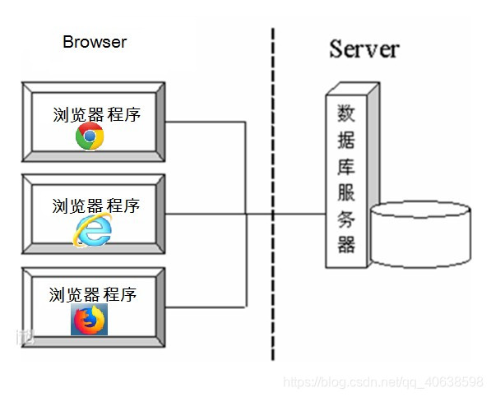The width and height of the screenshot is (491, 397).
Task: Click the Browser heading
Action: pyautogui.click(x=95, y=41)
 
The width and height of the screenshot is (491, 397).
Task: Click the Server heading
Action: pyautogui.click(x=364, y=48)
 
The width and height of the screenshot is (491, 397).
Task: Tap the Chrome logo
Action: pyautogui.click(x=90, y=136)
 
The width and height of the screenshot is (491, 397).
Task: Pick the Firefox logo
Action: pyautogui.click(x=89, y=320)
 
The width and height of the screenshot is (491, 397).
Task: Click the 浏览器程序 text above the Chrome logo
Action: pyautogui.click(x=96, y=113)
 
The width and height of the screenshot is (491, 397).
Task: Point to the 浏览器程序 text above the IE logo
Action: pyautogui.click(x=96, y=205)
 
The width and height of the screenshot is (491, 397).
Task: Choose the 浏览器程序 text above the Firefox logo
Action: pyautogui.click(x=92, y=294)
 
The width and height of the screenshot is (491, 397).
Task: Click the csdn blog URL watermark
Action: pyautogui.click(x=382, y=382)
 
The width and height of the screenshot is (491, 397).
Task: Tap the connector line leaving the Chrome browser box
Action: pyautogui.click(x=206, y=122)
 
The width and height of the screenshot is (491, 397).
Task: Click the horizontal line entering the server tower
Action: pyautogui.click(x=296, y=215)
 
